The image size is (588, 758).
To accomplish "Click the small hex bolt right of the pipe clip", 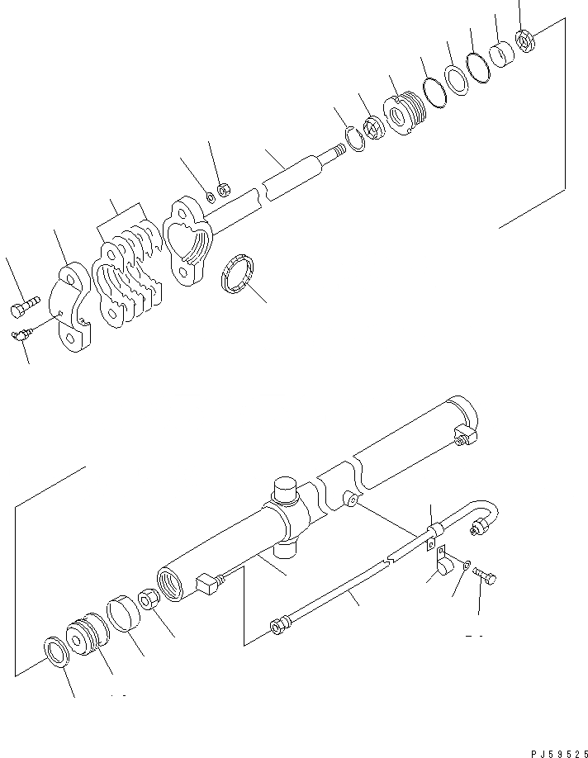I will click(x=486, y=579).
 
